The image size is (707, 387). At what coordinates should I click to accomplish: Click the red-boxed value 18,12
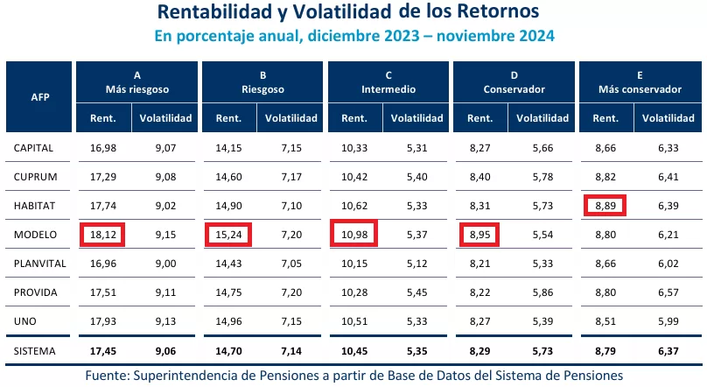pos(102,235)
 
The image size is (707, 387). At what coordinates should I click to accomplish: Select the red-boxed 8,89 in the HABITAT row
pos(606,206)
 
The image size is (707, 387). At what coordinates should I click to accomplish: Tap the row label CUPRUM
pos(35,177)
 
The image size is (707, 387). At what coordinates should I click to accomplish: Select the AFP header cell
pos(39,96)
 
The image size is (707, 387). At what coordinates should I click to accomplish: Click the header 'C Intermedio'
pos(388,82)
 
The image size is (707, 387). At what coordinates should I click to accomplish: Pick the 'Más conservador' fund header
pos(640,89)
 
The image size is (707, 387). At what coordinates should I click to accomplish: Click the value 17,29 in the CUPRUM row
pos(103,177)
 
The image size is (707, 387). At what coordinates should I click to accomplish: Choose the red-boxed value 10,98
pos(354,235)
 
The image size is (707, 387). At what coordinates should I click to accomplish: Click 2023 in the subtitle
pos(374,36)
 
